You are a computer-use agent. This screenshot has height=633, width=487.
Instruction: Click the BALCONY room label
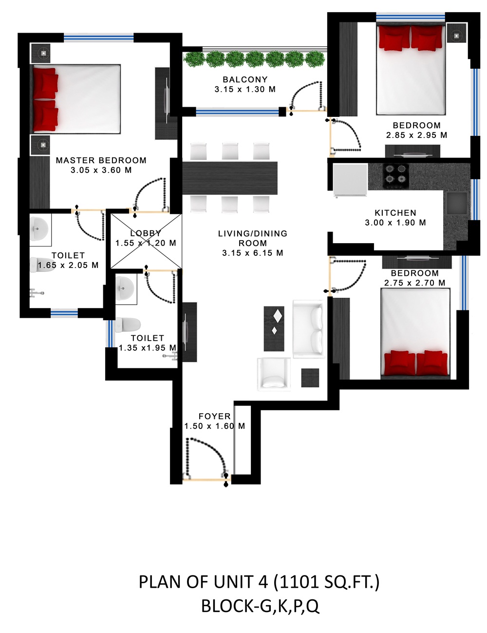pos(245,79)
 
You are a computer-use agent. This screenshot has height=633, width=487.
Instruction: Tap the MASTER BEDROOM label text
pos(101,160)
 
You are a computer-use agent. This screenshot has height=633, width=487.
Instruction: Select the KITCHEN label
pos(395,212)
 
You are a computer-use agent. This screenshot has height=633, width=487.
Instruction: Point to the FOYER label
pos(215,416)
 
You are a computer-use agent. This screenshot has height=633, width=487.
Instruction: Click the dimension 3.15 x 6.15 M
pos(253,253)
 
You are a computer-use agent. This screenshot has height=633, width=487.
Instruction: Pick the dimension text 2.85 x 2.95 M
pos(416,135)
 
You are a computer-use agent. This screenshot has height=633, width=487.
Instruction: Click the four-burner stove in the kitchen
pos(395,176)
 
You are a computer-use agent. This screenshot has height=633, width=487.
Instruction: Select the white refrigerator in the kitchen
pos(350,180)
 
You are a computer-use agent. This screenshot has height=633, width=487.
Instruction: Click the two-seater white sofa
pos(309,328)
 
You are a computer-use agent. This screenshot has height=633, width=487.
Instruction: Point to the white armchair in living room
pos(274,374)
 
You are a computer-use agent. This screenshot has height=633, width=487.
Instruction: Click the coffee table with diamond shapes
pos(274,328)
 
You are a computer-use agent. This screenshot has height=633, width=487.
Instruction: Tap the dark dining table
pos(230,178)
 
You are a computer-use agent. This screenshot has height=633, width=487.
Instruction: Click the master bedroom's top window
pos(99,38)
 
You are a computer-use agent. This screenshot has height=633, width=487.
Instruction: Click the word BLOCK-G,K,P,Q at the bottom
pos(260,606)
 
